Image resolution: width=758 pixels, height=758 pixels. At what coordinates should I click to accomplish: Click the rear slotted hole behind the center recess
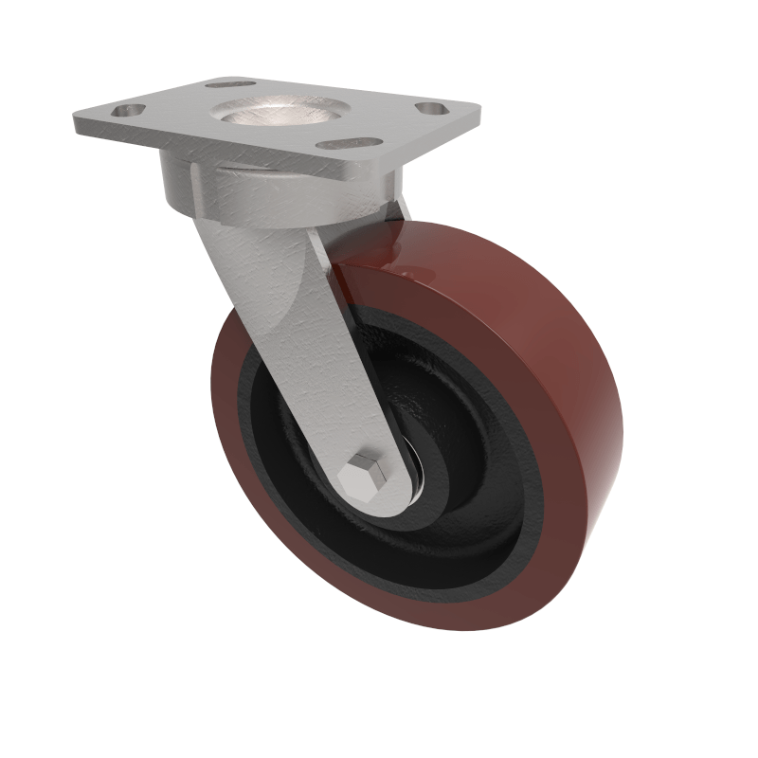pyautogui.click(x=230, y=83)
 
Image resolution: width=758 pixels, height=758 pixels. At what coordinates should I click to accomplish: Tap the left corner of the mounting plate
pyautogui.click(x=78, y=120)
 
